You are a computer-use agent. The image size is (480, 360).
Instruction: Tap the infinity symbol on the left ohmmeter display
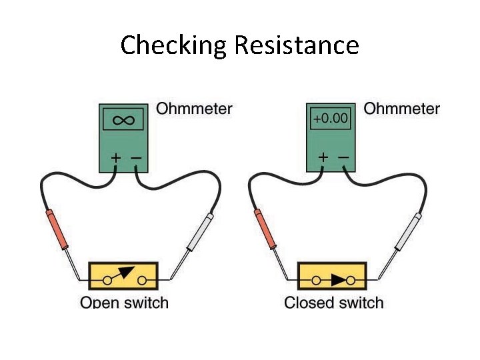124,120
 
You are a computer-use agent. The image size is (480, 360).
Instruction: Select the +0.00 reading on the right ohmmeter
331,119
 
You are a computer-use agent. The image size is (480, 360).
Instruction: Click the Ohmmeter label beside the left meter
194,108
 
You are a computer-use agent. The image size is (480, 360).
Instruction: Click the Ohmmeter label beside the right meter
401,108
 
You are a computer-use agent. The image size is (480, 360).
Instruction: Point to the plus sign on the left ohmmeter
116,158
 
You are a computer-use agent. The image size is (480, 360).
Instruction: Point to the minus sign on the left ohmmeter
136,158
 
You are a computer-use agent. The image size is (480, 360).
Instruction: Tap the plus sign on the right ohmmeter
323,158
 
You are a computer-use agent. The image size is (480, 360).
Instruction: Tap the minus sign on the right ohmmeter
344,158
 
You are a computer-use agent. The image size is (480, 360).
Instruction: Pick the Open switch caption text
124,303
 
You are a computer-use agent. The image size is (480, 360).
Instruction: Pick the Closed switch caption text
333,303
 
